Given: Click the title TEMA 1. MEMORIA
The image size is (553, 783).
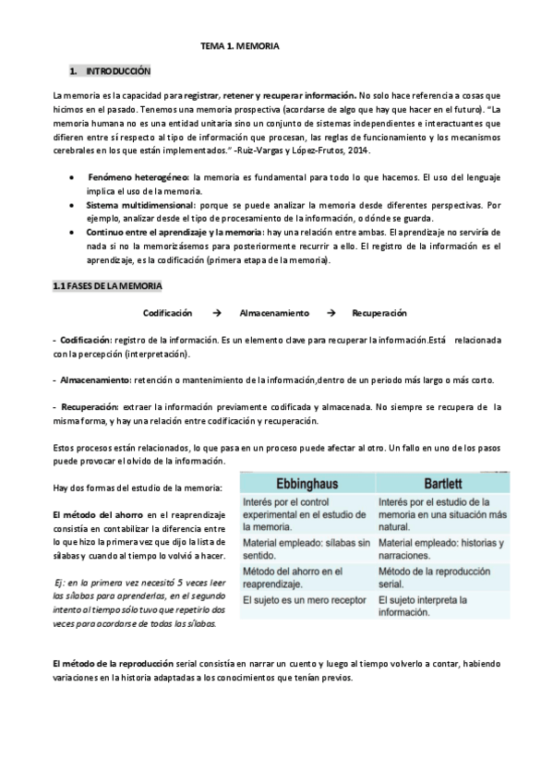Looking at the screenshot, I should (239, 44).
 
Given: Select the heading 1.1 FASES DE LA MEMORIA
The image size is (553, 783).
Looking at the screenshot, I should (106, 287).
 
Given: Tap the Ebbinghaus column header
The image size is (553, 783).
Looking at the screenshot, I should (305, 485).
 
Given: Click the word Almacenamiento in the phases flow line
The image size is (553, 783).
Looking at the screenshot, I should (274, 314).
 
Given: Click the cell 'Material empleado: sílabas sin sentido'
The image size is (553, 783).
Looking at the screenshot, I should (305, 548).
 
